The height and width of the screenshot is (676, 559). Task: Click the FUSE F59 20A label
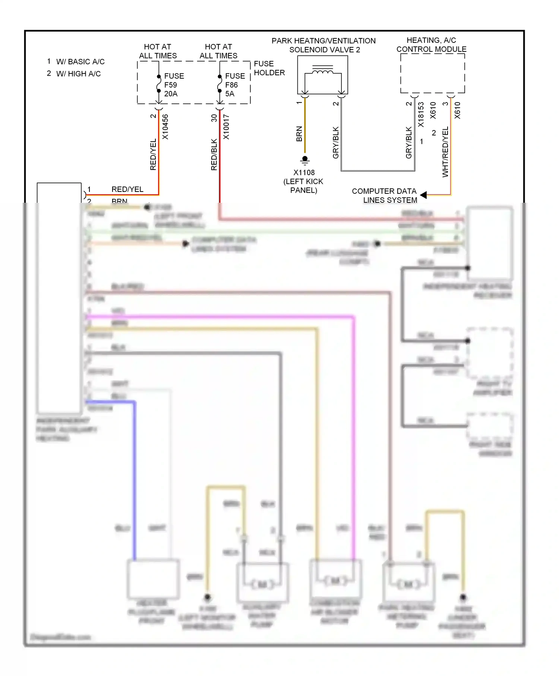click(x=174, y=85)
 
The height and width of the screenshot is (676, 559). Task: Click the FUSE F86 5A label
click(x=234, y=85)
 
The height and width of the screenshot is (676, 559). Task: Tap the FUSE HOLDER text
click(x=269, y=68)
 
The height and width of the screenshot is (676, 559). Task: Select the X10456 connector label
click(x=165, y=127)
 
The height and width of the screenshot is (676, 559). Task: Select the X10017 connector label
click(x=226, y=127)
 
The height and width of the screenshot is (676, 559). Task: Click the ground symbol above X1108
click(x=305, y=160)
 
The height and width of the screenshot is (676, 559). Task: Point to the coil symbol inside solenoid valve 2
click(x=323, y=70)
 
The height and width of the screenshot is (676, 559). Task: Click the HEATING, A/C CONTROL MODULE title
click(x=431, y=45)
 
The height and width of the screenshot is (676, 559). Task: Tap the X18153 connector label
click(x=421, y=114)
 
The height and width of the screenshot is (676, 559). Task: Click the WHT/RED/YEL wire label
click(x=445, y=152)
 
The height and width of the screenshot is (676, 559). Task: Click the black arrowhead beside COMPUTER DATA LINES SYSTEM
click(x=423, y=195)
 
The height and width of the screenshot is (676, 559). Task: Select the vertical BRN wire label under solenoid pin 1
click(x=299, y=134)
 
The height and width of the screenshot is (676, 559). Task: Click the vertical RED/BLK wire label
click(x=214, y=155)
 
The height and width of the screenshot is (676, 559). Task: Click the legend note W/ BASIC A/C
click(x=80, y=61)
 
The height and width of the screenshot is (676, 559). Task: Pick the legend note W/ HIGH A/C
click(x=78, y=74)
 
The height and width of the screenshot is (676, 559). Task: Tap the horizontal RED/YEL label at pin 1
click(x=127, y=189)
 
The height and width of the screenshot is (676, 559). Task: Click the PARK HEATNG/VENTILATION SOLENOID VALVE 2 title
click(x=323, y=45)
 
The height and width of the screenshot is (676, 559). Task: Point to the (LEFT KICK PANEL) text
click(x=303, y=186)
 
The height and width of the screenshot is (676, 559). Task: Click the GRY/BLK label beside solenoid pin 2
click(x=336, y=142)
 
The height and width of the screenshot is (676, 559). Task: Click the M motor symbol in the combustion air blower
click(x=335, y=581)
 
